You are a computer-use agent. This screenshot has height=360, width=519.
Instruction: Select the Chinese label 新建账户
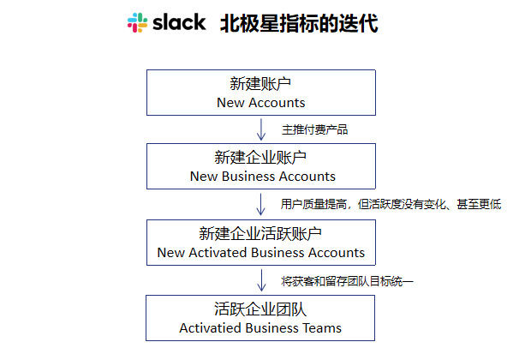point(261,84)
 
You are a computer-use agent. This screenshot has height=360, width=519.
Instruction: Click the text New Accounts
point(261,103)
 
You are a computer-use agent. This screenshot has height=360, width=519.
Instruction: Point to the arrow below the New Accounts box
point(261,129)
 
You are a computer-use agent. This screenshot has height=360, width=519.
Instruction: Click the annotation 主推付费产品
point(315,130)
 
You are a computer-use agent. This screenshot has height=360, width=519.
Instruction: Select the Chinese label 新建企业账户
point(261,158)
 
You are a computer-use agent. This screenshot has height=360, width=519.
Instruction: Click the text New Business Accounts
point(261,177)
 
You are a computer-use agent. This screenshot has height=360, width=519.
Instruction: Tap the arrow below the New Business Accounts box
point(261,204)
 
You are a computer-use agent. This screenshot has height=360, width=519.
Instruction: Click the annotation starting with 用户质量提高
point(391,205)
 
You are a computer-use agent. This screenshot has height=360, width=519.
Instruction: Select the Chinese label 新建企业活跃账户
point(261,234)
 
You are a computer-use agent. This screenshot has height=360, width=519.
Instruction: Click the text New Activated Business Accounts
point(261,253)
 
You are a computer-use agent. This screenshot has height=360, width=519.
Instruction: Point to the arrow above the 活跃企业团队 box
point(261,279)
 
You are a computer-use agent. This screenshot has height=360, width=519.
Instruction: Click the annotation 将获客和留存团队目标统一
point(348,280)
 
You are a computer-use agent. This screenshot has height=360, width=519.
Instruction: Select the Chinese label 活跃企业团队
point(261,309)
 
